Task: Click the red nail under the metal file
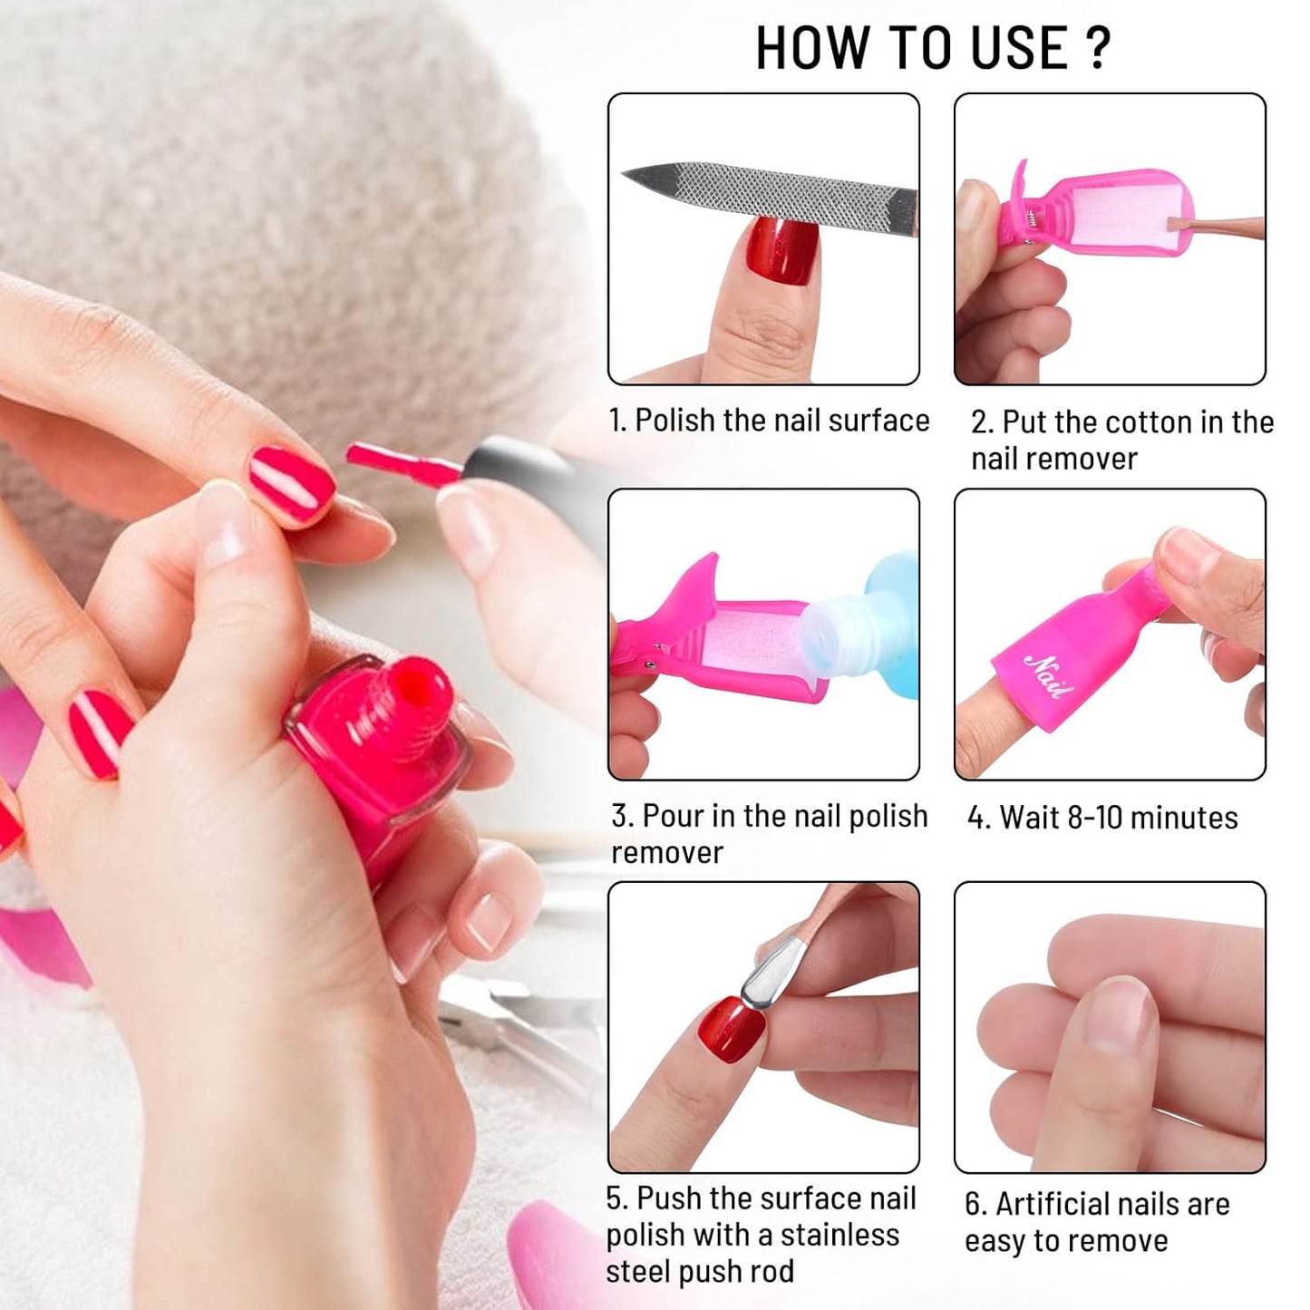781,252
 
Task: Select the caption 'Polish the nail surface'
769,421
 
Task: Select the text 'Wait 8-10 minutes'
1102,818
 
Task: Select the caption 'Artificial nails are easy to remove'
1097,1222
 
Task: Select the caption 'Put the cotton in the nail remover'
1121,441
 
